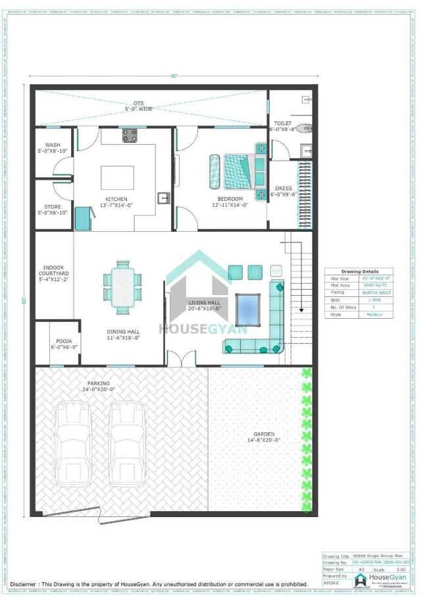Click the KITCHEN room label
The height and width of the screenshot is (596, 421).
(116, 199)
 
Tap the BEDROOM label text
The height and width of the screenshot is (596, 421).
(230, 199)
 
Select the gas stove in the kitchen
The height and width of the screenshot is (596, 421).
(130, 136)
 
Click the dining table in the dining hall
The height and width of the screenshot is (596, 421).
(122, 286)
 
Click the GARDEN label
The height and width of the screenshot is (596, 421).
(264, 433)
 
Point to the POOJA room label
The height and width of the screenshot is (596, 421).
(64, 341)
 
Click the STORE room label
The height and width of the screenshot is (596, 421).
(53, 207)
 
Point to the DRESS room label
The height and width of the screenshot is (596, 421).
(284, 188)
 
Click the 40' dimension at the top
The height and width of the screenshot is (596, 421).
(174, 76)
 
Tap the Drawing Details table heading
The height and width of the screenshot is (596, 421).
(360, 271)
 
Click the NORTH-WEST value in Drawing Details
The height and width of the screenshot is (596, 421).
(378, 292)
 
